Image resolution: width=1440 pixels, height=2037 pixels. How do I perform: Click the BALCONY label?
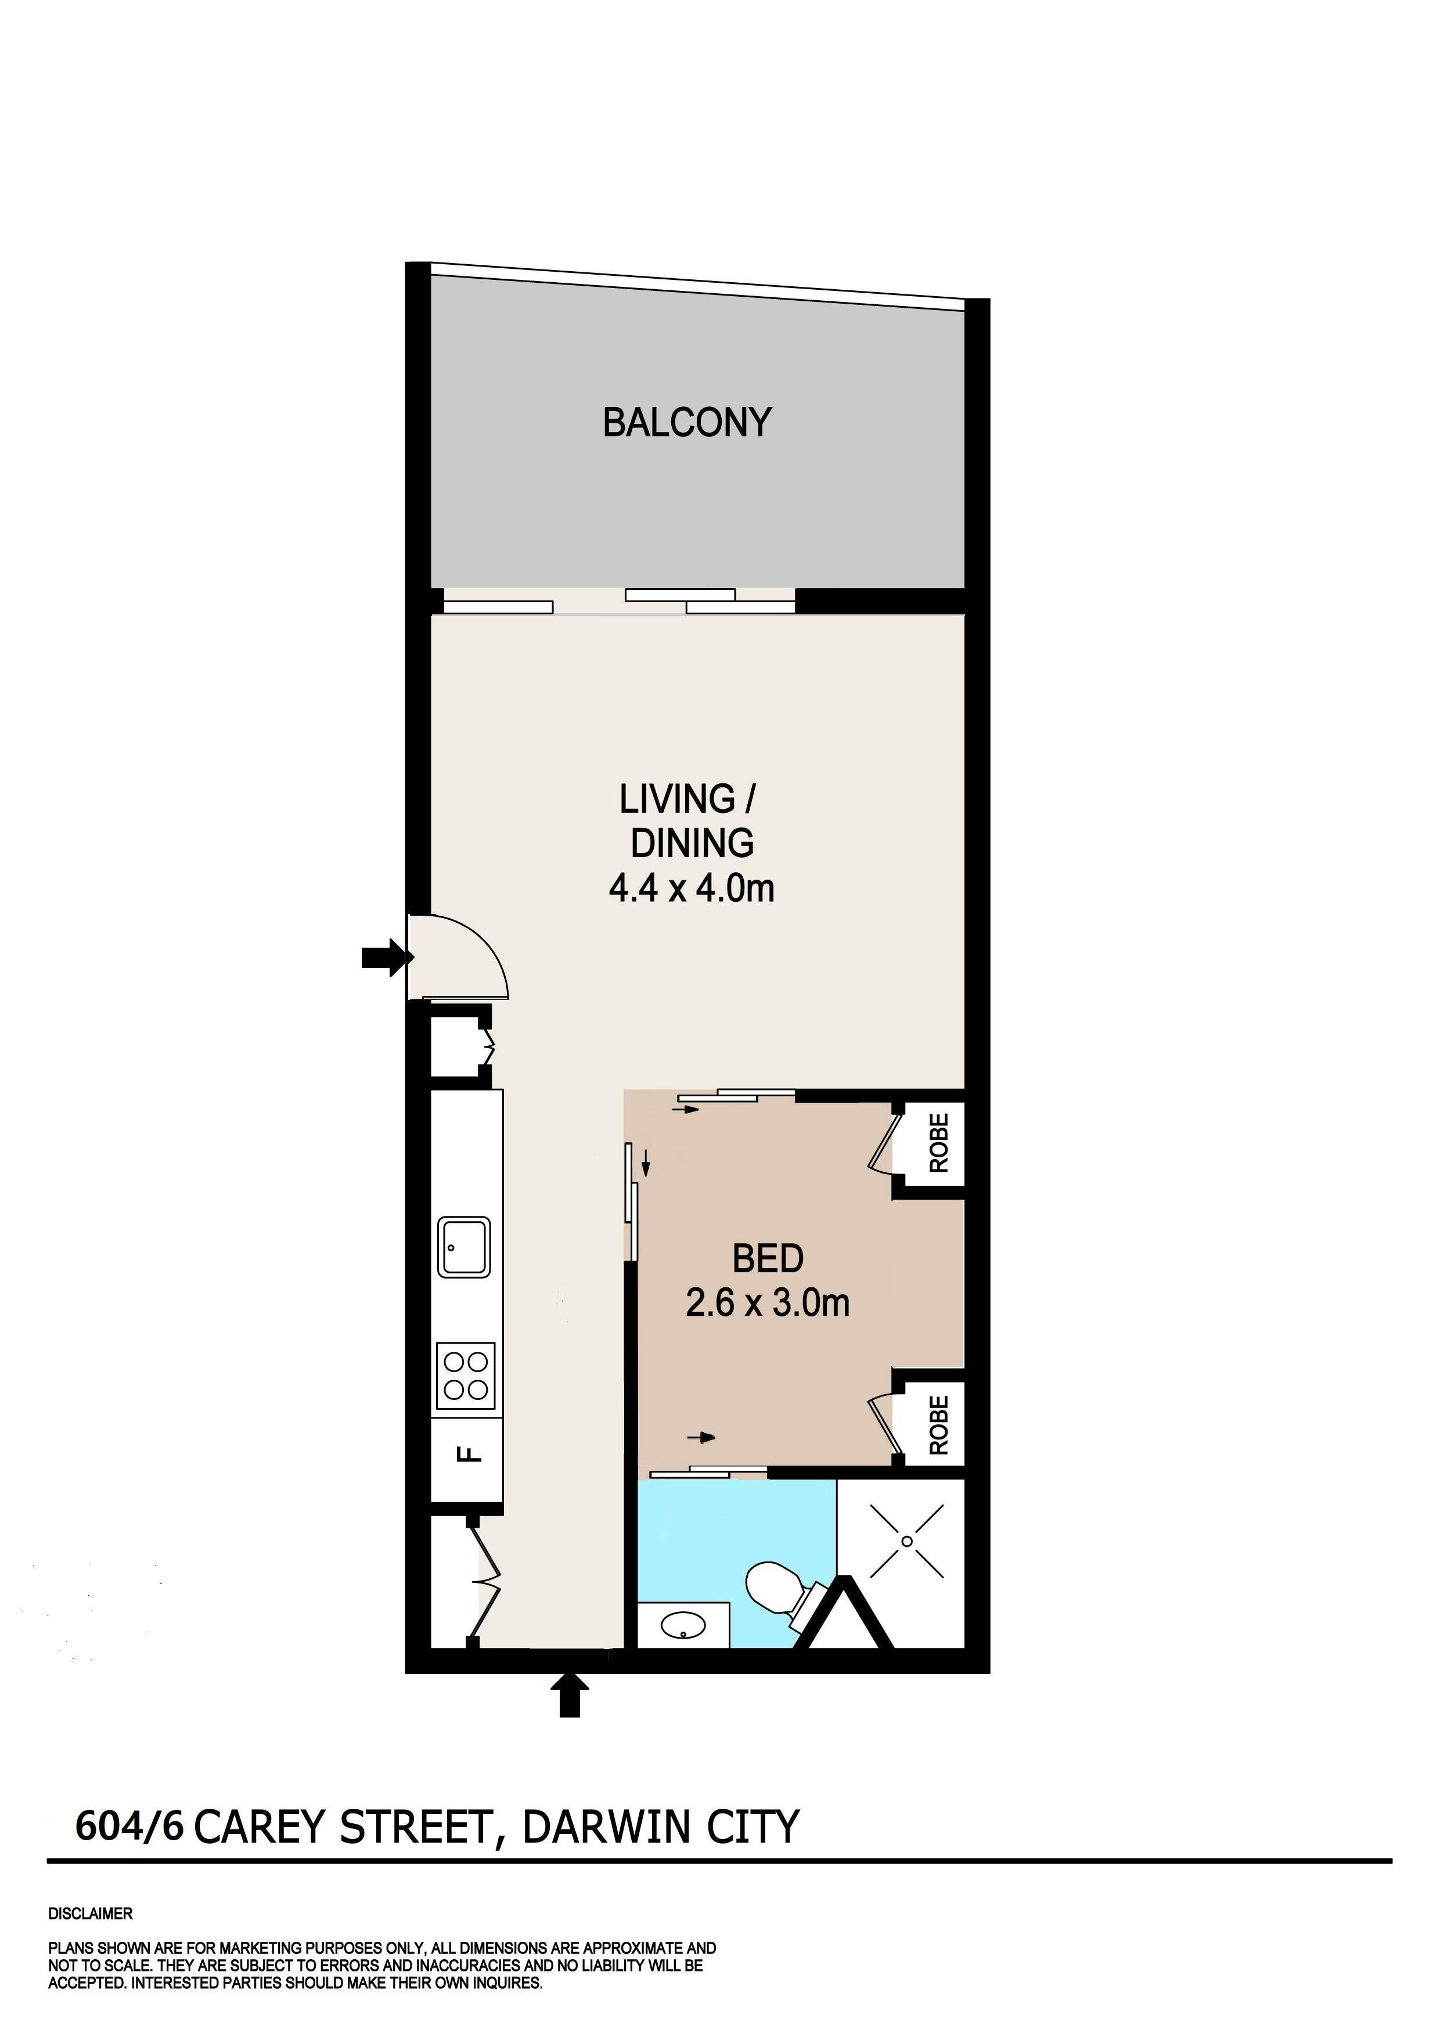point(687,422)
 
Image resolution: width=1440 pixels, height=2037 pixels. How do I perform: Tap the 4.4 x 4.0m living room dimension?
point(691,888)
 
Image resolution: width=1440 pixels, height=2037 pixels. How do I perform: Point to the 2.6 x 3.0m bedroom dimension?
point(768,1302)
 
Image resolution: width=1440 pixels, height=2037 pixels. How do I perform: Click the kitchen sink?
point(463,1247)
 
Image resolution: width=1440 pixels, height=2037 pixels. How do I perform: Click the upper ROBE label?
point(939,1143)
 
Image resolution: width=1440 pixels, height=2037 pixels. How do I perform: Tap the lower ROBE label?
point(939,1426)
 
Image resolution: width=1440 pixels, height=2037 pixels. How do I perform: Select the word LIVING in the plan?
point(677,800)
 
